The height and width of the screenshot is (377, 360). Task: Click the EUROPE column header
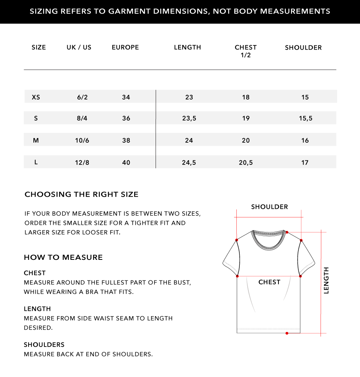pyautogui.click(x=125, y=47)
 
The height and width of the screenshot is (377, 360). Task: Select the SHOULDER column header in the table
pyautogui.click(x=303, y=48)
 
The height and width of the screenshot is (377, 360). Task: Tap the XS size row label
pyautogui.click(x=36, y=97)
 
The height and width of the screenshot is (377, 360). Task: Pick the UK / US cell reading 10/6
pyautogui.click(x=82, y=140)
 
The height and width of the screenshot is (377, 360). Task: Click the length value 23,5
pyautogui.click(x=189, y=119)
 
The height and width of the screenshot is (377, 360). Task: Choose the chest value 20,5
pyautogui.click(x=246, y=163)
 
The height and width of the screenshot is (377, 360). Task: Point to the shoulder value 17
pyautogui.click(x=305, y=163)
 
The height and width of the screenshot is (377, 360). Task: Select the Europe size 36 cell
pyautogui.click(x=126, y=119)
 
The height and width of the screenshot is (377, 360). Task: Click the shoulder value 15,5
pyautogui.click(x=306, y=119)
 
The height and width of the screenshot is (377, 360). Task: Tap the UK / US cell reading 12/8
pyautogui.click(x=82, y=163)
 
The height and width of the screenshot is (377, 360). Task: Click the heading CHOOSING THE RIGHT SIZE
pyautogui.click(x=82, y=195)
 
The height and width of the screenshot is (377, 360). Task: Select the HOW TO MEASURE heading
pyautogui.click(x=63, y=258)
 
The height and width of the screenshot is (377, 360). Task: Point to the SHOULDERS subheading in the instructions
pyautogui.click(x=44, y=345)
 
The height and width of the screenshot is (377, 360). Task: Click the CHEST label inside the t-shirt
pyautogui.click(x=269, y=282)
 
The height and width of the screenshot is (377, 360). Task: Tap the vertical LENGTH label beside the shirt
pyautogui.click(x=326, y=280)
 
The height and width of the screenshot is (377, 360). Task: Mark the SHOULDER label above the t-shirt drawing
pyautogui.click(x=269, y=207)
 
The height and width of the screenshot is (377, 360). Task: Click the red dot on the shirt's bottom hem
pyautogui.click(x=287, y=333)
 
